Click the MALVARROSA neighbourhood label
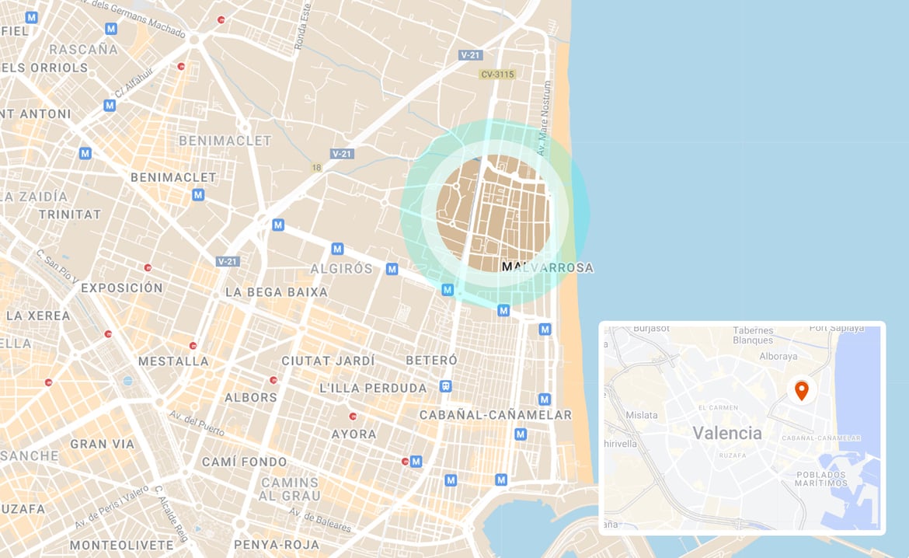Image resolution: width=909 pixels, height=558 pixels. coord(547,268)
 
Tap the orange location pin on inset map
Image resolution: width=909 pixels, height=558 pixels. coord(801,389)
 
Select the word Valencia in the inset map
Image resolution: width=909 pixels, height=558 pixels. coord(726,433)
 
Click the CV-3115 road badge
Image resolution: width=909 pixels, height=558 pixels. coord(498,75)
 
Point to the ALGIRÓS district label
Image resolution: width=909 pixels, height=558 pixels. coord(342,269)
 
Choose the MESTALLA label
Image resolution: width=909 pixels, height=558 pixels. coord(173,361)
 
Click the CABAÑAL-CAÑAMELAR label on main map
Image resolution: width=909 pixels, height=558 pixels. coord(496,415)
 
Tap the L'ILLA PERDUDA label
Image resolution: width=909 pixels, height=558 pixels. coord(373,388)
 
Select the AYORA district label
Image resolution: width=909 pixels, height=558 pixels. coord(353,434)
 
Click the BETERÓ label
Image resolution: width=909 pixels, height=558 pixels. coord(431,361)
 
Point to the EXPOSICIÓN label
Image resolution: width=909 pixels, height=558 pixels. coord(122,288)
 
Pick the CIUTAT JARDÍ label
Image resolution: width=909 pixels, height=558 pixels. coord(328,361)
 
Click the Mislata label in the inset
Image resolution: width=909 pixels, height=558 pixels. coord(641,415)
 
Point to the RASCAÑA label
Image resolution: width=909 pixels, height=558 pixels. coord(83,50)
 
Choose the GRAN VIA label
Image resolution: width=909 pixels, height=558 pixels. coord(102,445)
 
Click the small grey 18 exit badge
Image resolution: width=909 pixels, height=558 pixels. coord(316,167)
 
